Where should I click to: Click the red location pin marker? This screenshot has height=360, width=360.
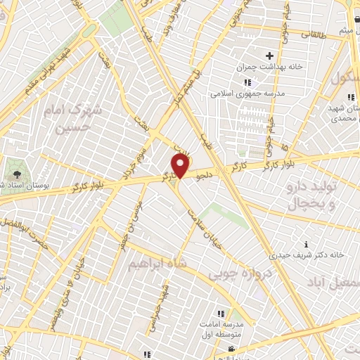click(181, 166)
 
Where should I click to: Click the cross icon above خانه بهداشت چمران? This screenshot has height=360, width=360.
click(268, 56)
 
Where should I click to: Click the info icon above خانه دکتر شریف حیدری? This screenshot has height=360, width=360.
click(304, 243)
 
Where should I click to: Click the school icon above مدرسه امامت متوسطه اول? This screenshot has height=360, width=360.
click(220, 314)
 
